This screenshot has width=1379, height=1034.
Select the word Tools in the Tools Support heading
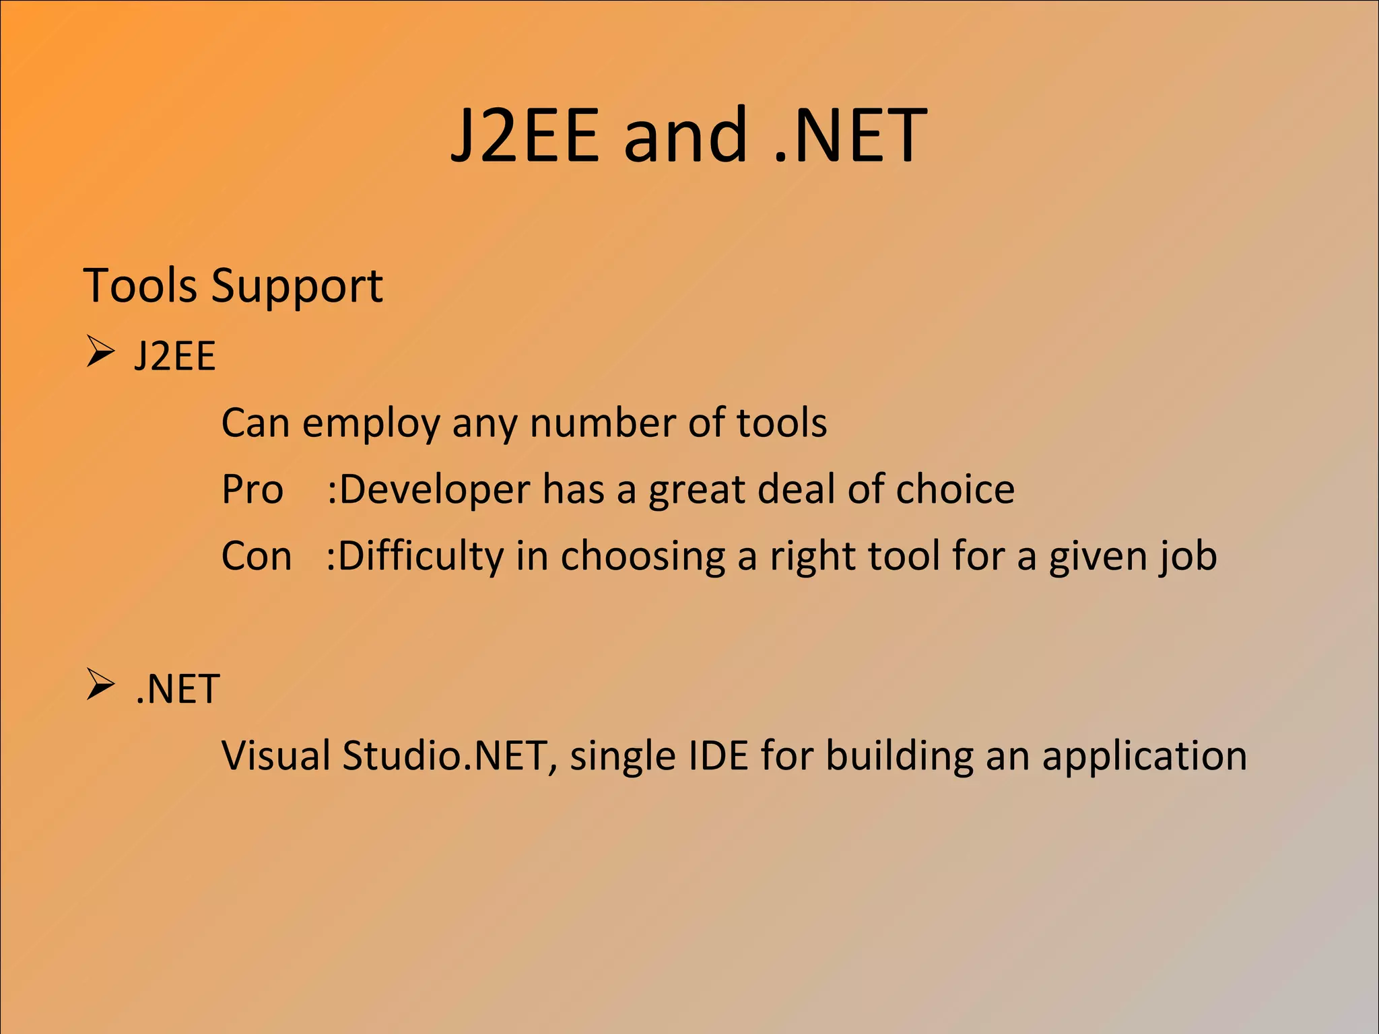(139, 285)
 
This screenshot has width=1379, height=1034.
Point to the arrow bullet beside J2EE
(100, 352)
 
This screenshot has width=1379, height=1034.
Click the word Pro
(253, 489)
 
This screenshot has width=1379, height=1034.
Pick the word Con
(257, 556)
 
